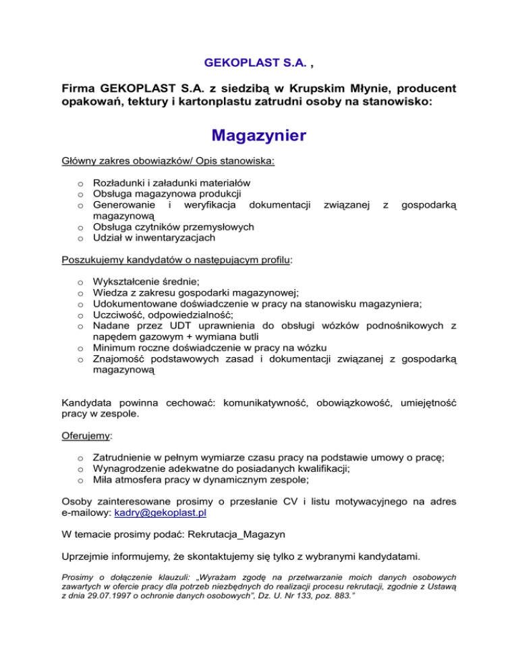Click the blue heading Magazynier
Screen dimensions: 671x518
click(x=259, y=136)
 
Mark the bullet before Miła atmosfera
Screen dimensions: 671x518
click(x=80, y=481)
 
